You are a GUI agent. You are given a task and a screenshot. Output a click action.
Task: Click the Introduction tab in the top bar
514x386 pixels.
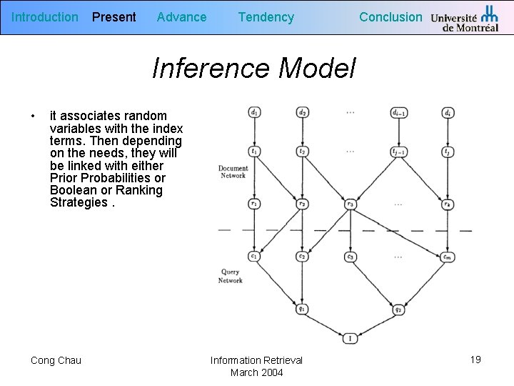pos(45,17)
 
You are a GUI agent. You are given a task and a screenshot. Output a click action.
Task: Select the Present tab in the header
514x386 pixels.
pos(114,17)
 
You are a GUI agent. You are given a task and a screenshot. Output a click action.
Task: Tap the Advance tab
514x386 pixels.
pos(181,17)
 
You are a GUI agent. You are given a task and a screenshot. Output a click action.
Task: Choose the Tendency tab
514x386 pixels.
pos(266,17)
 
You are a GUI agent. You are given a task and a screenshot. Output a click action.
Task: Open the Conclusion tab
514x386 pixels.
pos(390,17)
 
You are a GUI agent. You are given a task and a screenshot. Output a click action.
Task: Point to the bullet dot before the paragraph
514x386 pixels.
pos(33,116)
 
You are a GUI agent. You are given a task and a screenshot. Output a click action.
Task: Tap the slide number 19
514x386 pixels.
pos(475,360)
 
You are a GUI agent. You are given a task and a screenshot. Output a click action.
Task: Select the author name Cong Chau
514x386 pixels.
pos(56,360)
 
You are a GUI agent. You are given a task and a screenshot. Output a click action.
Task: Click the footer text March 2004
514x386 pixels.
pos(256,372)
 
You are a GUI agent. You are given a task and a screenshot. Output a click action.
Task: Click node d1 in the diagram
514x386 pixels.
pos(254,112)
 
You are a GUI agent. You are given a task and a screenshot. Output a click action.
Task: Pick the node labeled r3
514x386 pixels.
pos(350,204)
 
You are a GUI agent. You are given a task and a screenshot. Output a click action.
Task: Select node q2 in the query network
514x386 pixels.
pos(398,310)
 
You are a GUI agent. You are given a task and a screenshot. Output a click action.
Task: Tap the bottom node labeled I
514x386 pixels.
pos(350,338)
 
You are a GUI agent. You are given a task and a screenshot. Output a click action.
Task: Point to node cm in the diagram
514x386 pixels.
pos(448,257)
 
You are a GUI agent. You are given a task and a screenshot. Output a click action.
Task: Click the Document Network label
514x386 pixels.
pos(233,172)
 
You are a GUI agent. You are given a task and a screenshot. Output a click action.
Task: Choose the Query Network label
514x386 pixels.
pos(230,276)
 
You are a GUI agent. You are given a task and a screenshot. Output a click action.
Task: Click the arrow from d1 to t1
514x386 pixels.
pos(254,132)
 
